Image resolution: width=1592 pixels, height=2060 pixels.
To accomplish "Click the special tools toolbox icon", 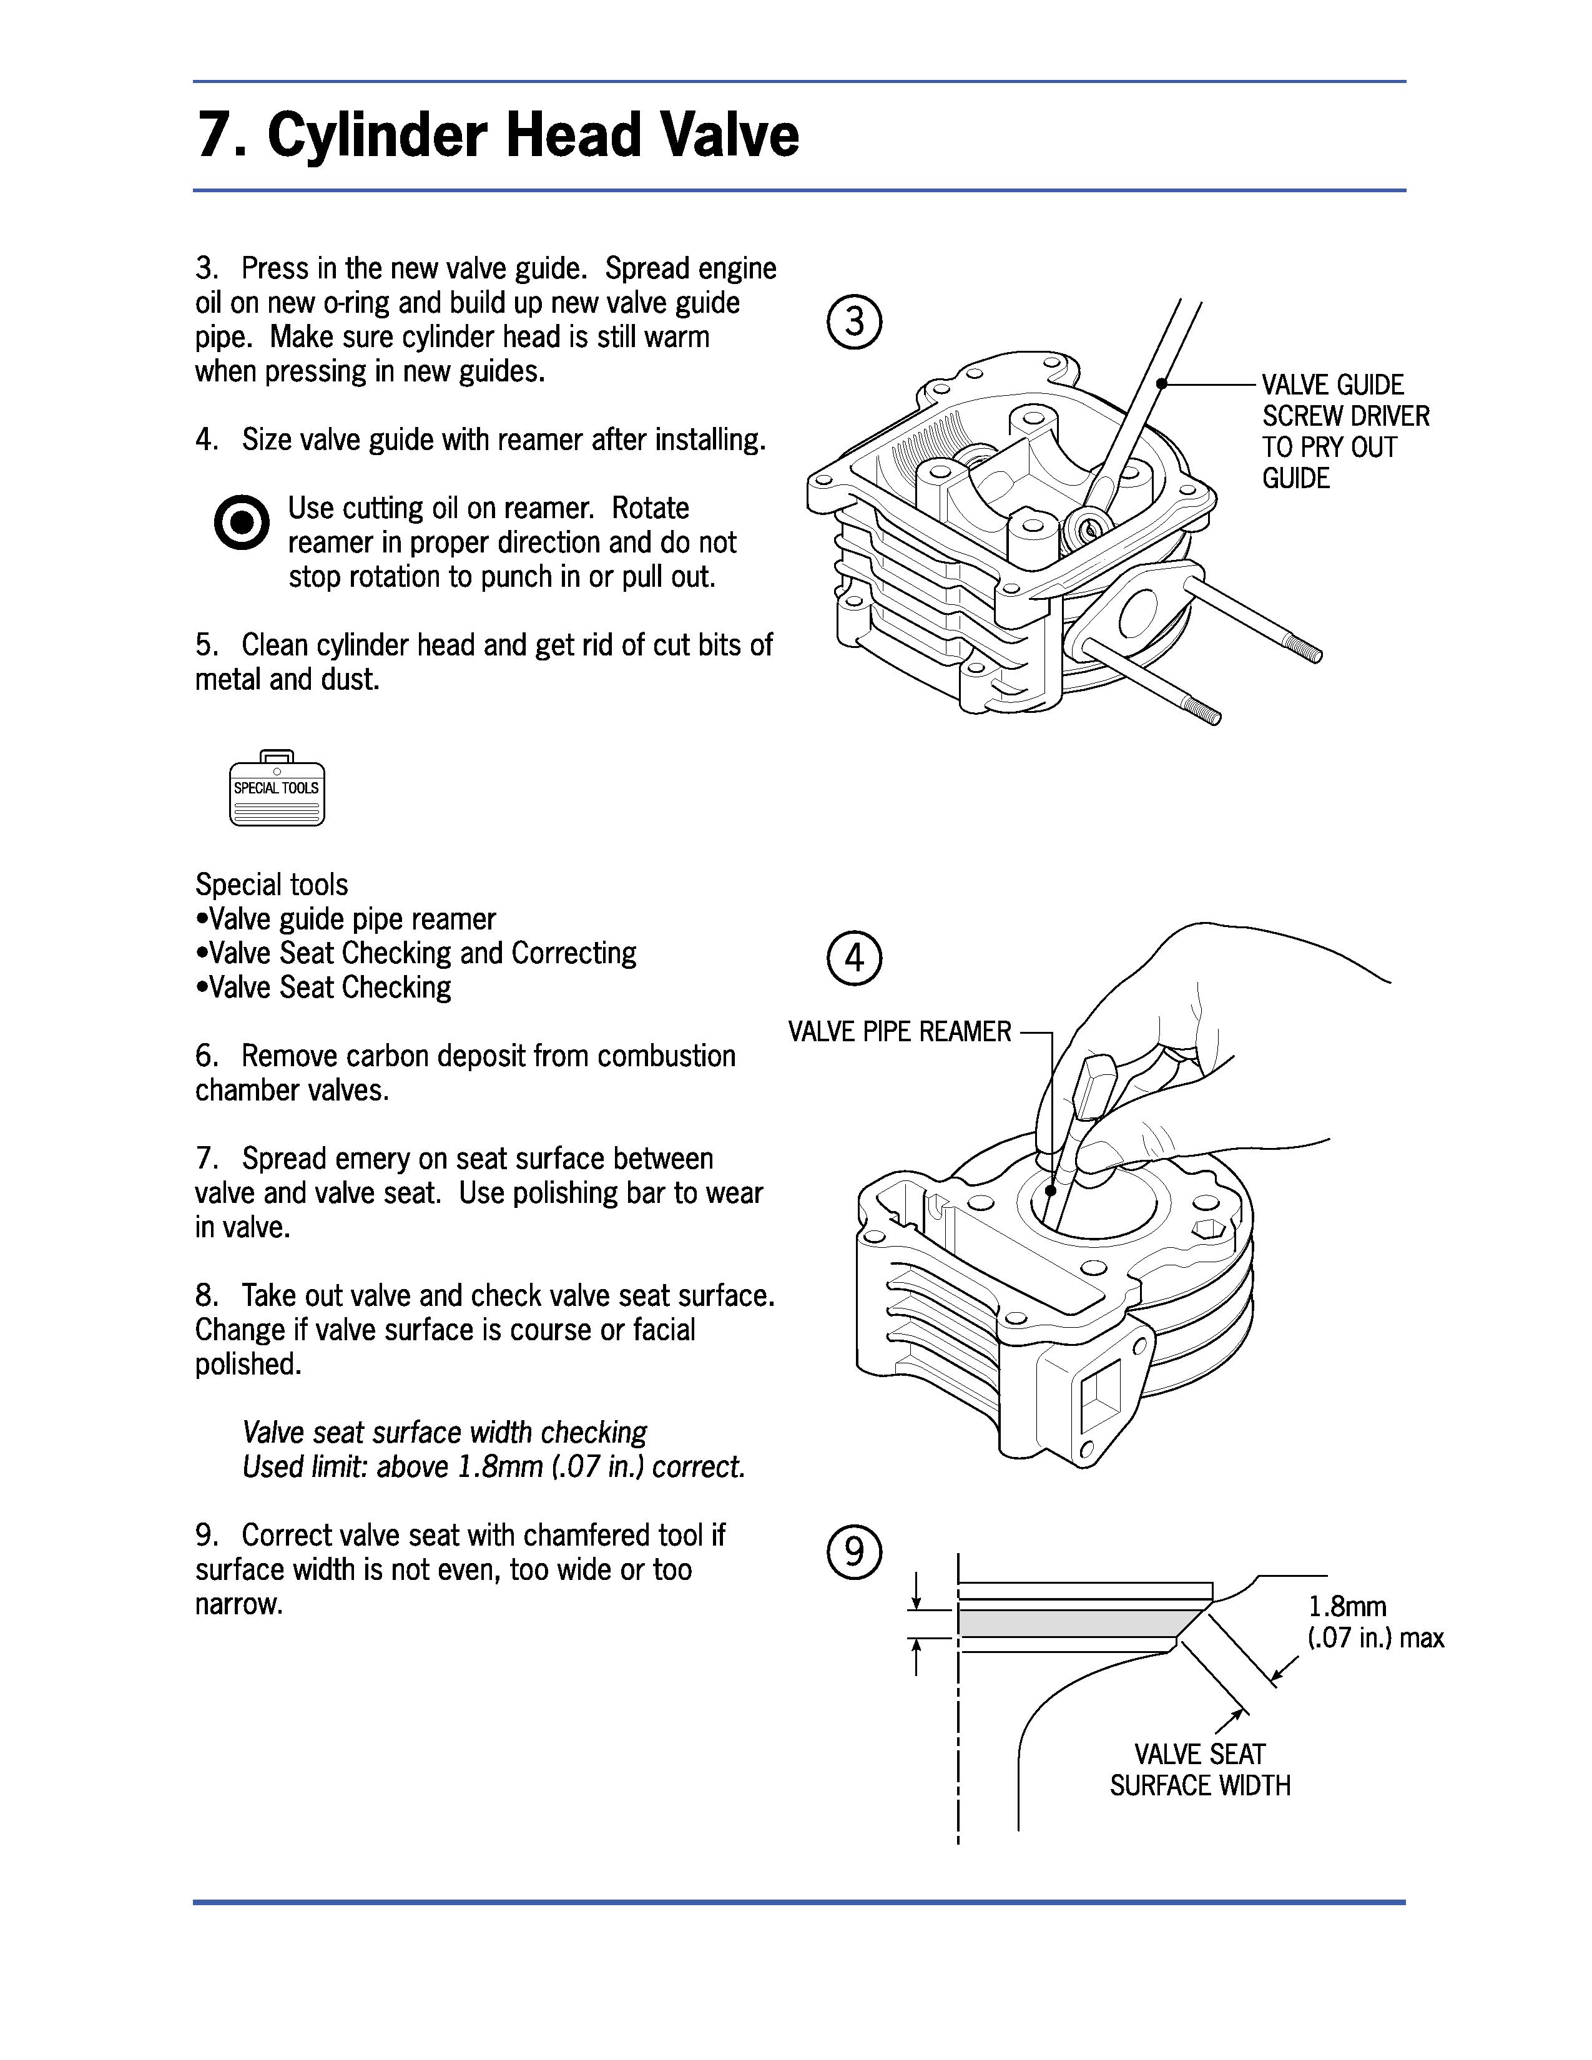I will click(277, 788).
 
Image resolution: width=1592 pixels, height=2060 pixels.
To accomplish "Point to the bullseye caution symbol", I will click(242, 522).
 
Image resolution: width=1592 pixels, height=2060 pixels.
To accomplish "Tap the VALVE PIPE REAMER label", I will click(899, 1032).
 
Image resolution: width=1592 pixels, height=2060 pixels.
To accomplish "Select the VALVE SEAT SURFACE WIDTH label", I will click(1200, 1770).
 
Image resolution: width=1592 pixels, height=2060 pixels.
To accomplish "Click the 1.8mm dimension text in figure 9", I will click(1347, 1606).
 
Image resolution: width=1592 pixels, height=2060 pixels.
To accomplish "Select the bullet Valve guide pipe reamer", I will click(347, 919).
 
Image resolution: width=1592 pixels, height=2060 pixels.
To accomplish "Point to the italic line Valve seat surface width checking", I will click(445, 1432).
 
